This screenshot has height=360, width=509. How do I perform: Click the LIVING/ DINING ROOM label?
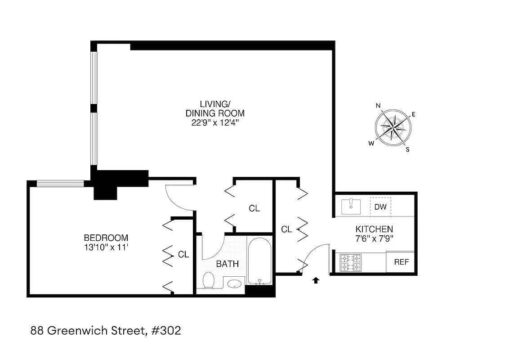tap(215, 109)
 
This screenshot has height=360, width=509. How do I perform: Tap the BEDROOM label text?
tap(106, 238)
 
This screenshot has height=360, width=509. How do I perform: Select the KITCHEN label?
tap(374, 229)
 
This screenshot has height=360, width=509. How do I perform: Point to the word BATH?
tap(228, 264)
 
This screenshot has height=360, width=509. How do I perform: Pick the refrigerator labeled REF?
tap(401, 262)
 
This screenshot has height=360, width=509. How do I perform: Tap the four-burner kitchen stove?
tap(350, 263)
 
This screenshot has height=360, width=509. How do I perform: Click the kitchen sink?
tap(351, 207)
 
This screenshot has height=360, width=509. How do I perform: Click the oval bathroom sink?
tap(234, 284)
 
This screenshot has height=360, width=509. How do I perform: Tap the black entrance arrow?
tap(316, 280)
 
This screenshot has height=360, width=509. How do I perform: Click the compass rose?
tap(393, 128)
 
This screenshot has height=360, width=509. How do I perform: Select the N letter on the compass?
tap(378, 106)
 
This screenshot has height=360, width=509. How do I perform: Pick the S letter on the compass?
tap(408, 150)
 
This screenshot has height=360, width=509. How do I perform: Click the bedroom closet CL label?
tap(183, 254)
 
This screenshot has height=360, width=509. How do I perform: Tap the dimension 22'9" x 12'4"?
tap(215, 122)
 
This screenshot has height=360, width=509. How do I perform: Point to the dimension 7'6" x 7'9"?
tap(374, 238)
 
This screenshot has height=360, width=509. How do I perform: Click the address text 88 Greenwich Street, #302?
tap(106, 331)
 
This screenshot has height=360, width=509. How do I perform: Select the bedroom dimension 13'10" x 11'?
tap(106, 247)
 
